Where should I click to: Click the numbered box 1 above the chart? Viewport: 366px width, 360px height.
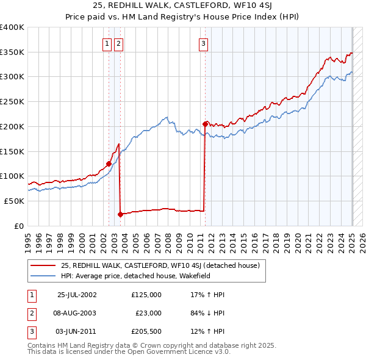(107, 43)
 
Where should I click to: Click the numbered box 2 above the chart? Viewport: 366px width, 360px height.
(118, 43)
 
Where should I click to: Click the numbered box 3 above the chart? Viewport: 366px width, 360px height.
(203, 43)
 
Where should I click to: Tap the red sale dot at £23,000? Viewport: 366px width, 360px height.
(120, 214)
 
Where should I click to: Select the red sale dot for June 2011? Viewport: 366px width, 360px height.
(205, 123)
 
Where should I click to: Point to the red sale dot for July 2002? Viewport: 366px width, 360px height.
(109, 164)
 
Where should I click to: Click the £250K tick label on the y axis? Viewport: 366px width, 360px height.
(12, 101)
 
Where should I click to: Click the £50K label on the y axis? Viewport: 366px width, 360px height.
(14, 201)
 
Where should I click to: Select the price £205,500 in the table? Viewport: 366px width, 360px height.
(146, 332)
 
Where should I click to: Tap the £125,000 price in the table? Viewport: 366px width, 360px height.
(146, 294)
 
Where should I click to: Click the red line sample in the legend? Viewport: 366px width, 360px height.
(43, 265)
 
